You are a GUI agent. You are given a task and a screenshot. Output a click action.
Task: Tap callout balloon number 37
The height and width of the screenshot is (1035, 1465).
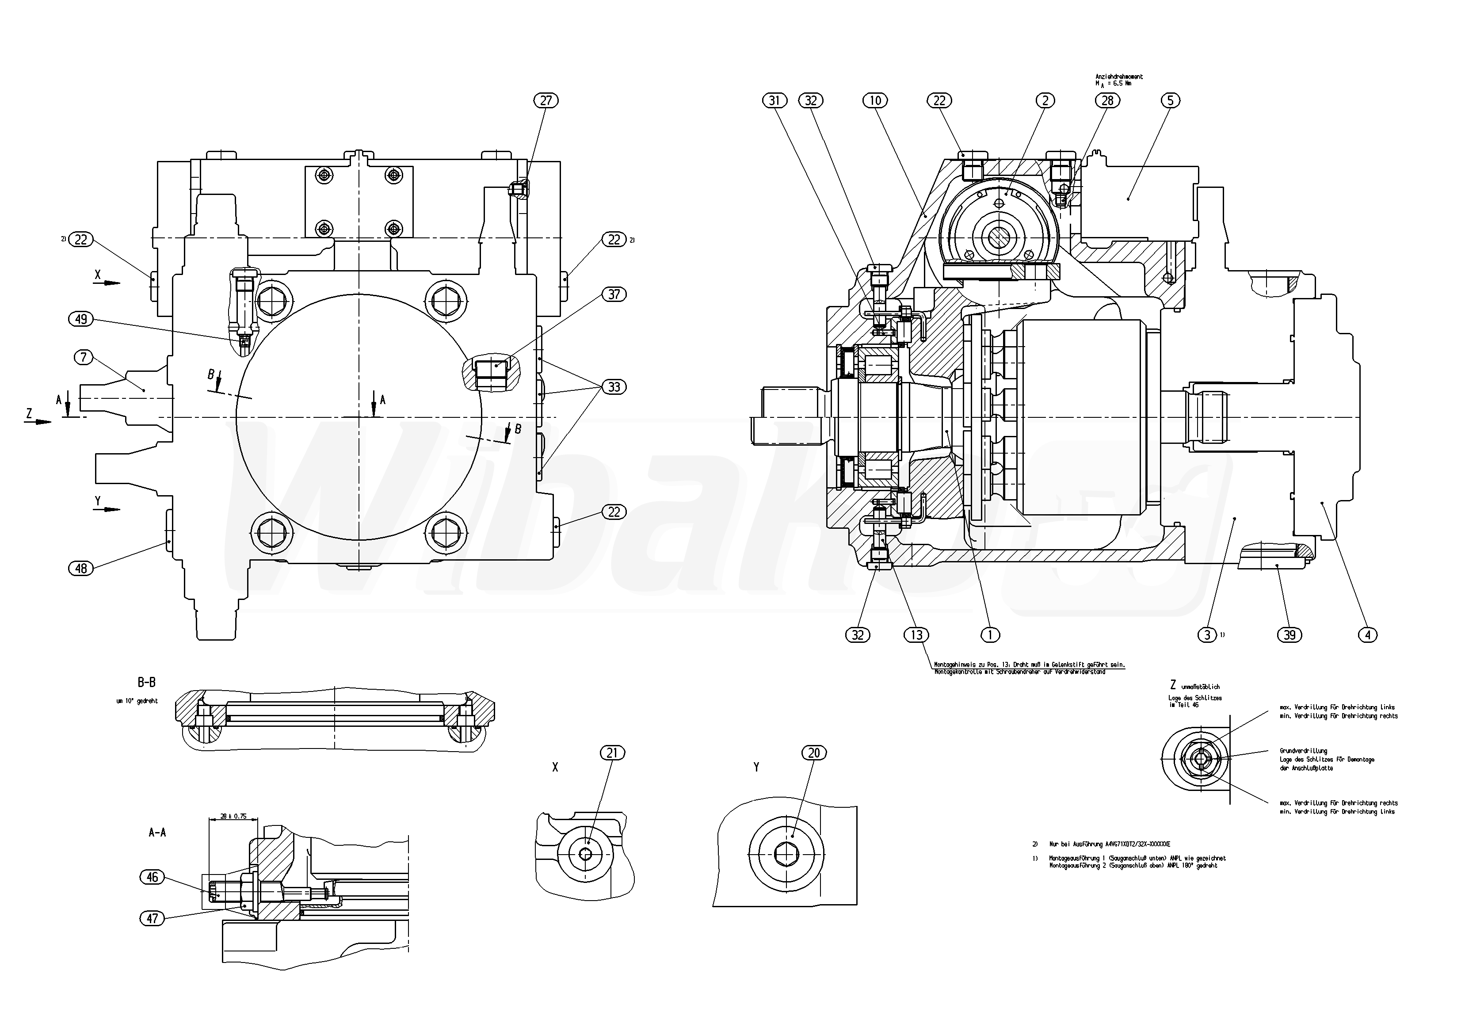pyautogui.click(x=614, y=294)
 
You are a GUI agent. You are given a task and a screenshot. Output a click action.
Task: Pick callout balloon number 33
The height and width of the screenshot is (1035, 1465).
pyautogui.click(x=614, y=387)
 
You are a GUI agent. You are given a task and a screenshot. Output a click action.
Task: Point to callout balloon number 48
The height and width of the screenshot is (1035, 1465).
pyautogui.click(x=81, y=568)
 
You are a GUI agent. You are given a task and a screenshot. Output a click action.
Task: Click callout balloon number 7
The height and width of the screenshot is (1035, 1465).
pyautogui.click(x=84, y=357)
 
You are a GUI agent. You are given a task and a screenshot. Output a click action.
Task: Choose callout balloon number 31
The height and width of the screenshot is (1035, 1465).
pyautogui.click(x=774, y=100)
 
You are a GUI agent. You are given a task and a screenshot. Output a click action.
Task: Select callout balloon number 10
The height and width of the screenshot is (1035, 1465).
pyautogui.click(x=875, y=100)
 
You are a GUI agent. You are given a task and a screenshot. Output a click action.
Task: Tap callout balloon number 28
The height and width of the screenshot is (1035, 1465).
pyautogui.click(x=1107, y=100)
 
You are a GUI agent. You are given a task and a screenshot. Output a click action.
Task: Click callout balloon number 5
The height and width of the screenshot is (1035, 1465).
pyautogui.click(x=1171, y=100)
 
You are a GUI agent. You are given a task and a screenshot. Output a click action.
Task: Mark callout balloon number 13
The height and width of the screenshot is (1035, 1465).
pyautogui.click(x=916, y=635)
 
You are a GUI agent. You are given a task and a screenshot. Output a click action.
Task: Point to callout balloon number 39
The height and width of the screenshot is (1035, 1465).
pyautogui.click(x=1290, y=635)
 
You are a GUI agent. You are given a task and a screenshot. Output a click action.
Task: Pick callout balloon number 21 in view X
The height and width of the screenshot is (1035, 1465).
pyautogui.click(x=613, y=753)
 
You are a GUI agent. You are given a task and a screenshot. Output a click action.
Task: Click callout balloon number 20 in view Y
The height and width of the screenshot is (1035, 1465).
pyautogui.click(x=814, y=753)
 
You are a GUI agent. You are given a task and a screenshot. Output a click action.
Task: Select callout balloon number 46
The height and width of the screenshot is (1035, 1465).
pyautogui.click(x=153, y=878)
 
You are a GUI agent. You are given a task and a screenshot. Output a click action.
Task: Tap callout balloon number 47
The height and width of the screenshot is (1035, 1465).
pyautogui.click(x=153, y=918)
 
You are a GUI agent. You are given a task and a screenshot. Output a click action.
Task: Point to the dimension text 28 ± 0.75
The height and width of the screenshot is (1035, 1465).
pyautogui.click(x=233, y=816)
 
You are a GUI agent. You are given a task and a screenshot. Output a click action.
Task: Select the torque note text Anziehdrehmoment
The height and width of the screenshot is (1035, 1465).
pyautogui.click(x=1118, y=76)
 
